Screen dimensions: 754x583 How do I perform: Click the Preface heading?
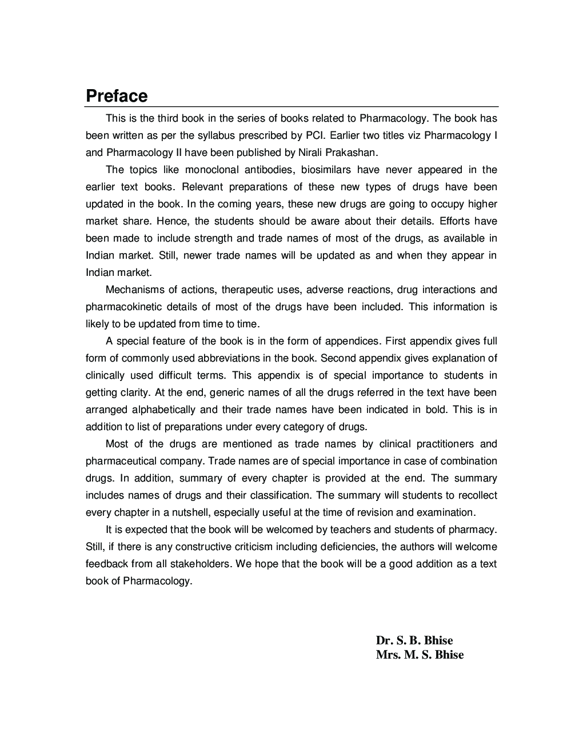click(x=117, y=96)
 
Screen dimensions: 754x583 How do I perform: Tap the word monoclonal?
click(x=212, y=170)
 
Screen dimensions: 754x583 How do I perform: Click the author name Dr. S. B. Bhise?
click(x=414, y=640)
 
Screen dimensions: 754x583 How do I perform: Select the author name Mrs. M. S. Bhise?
click(x=420, y=655)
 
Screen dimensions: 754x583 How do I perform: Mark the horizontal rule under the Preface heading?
click(x=292, y=107)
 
